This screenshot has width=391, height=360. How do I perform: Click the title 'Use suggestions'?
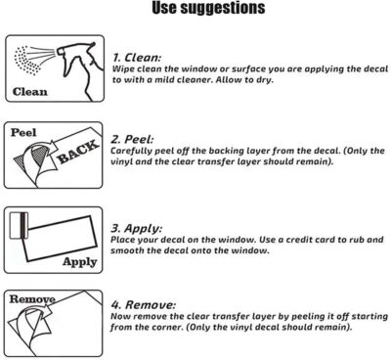(x=208, y=9)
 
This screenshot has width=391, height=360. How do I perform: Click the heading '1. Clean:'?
(x=137, y=58)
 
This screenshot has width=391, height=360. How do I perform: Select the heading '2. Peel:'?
(x=132, y=140)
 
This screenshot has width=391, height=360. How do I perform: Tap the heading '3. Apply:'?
(x=136, y=228)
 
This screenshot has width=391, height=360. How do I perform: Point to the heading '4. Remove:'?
(x=144, y=305)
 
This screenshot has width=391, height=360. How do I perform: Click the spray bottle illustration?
(x=78, y=70)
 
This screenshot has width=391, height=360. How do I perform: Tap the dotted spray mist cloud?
(x=26, y=61)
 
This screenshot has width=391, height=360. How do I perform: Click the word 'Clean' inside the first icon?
(x=29, y=92)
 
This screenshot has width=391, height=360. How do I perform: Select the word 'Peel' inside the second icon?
(x=23, y=133)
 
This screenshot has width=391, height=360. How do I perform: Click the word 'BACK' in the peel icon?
(x=78, y=152)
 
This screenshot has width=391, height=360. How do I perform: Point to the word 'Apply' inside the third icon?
(x=80, y=262)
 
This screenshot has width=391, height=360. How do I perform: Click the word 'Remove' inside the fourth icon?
(x=32, y=299)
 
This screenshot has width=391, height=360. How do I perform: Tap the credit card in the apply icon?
(x=20, y=226)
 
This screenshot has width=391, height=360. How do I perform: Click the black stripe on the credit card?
(x=23, y=226)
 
